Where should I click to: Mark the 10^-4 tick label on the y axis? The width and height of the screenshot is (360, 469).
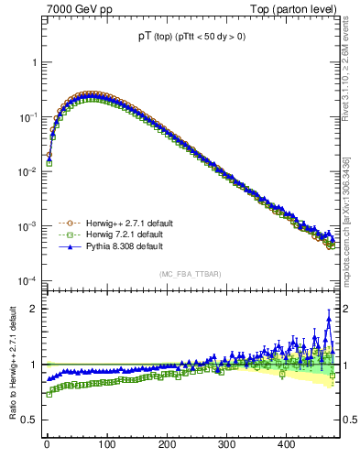(27, 281)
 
